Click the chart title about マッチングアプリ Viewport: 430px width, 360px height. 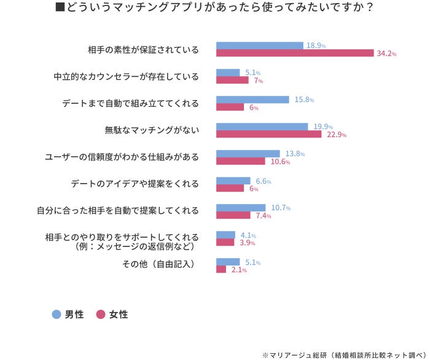[x=214, y=9]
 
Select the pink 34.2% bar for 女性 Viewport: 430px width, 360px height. [x=295, y=53]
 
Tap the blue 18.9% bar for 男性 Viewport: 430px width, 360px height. [x=259, y=45]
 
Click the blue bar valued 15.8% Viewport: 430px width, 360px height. [x=252, y=100]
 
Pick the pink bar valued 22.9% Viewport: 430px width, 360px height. [x=268, y=135]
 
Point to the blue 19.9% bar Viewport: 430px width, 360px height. [x=262, y=127]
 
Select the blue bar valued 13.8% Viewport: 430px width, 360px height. [x=248, y=154]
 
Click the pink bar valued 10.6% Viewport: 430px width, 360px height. [x=241, y=162]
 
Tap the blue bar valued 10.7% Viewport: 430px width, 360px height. [x=241, y=208]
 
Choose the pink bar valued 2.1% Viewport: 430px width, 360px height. [x=221, y=270]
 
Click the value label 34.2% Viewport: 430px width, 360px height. [x=386, y=54]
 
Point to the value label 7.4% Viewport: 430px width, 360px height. [x=264, y=216]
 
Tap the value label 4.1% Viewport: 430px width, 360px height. [x=248, y=235]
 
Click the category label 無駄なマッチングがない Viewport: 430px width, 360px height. [x=152, y=130]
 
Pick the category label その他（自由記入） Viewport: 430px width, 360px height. [x=158, y=265]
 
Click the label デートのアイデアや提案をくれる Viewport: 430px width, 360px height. [x=135, y=184]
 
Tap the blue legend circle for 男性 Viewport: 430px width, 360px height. [x=57, y=315]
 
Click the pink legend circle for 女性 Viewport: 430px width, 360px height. [x=101, y=315]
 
